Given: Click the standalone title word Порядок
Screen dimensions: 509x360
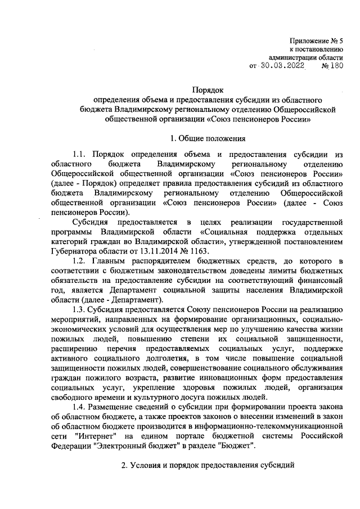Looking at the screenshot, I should coord(208,89).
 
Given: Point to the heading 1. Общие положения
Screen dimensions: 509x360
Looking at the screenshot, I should coord(208,138).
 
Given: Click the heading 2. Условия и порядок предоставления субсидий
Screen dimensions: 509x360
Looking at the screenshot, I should coord(208,466).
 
